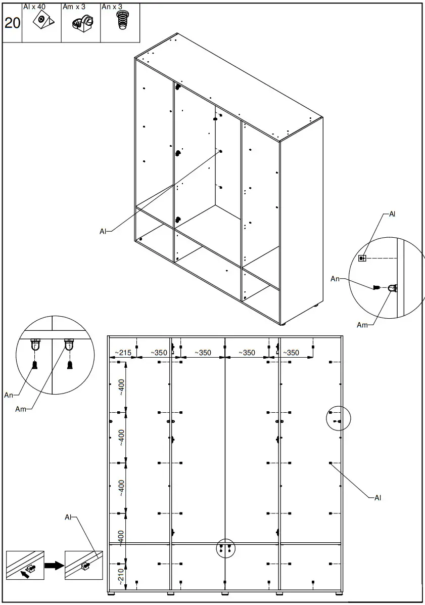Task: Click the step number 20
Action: pos(12,23)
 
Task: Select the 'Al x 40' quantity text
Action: pos(34,7)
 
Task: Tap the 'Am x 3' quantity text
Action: pos(74,7)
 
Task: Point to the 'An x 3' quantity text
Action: pos(112,7)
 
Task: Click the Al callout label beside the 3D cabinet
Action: pos(103,231)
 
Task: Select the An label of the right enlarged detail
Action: pos(335,279)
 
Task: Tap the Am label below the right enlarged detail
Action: pos(362,325)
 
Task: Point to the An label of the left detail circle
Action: pos(9,395)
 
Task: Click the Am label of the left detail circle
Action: pos(20,409)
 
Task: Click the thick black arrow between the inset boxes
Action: pos(54,565)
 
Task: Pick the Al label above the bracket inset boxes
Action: pos(69,517)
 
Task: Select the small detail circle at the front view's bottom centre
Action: pos(226,548)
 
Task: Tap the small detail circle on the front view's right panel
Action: pos(338,418)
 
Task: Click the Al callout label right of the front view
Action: pos(377,498)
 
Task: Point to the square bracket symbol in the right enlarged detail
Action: pos(361,258)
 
